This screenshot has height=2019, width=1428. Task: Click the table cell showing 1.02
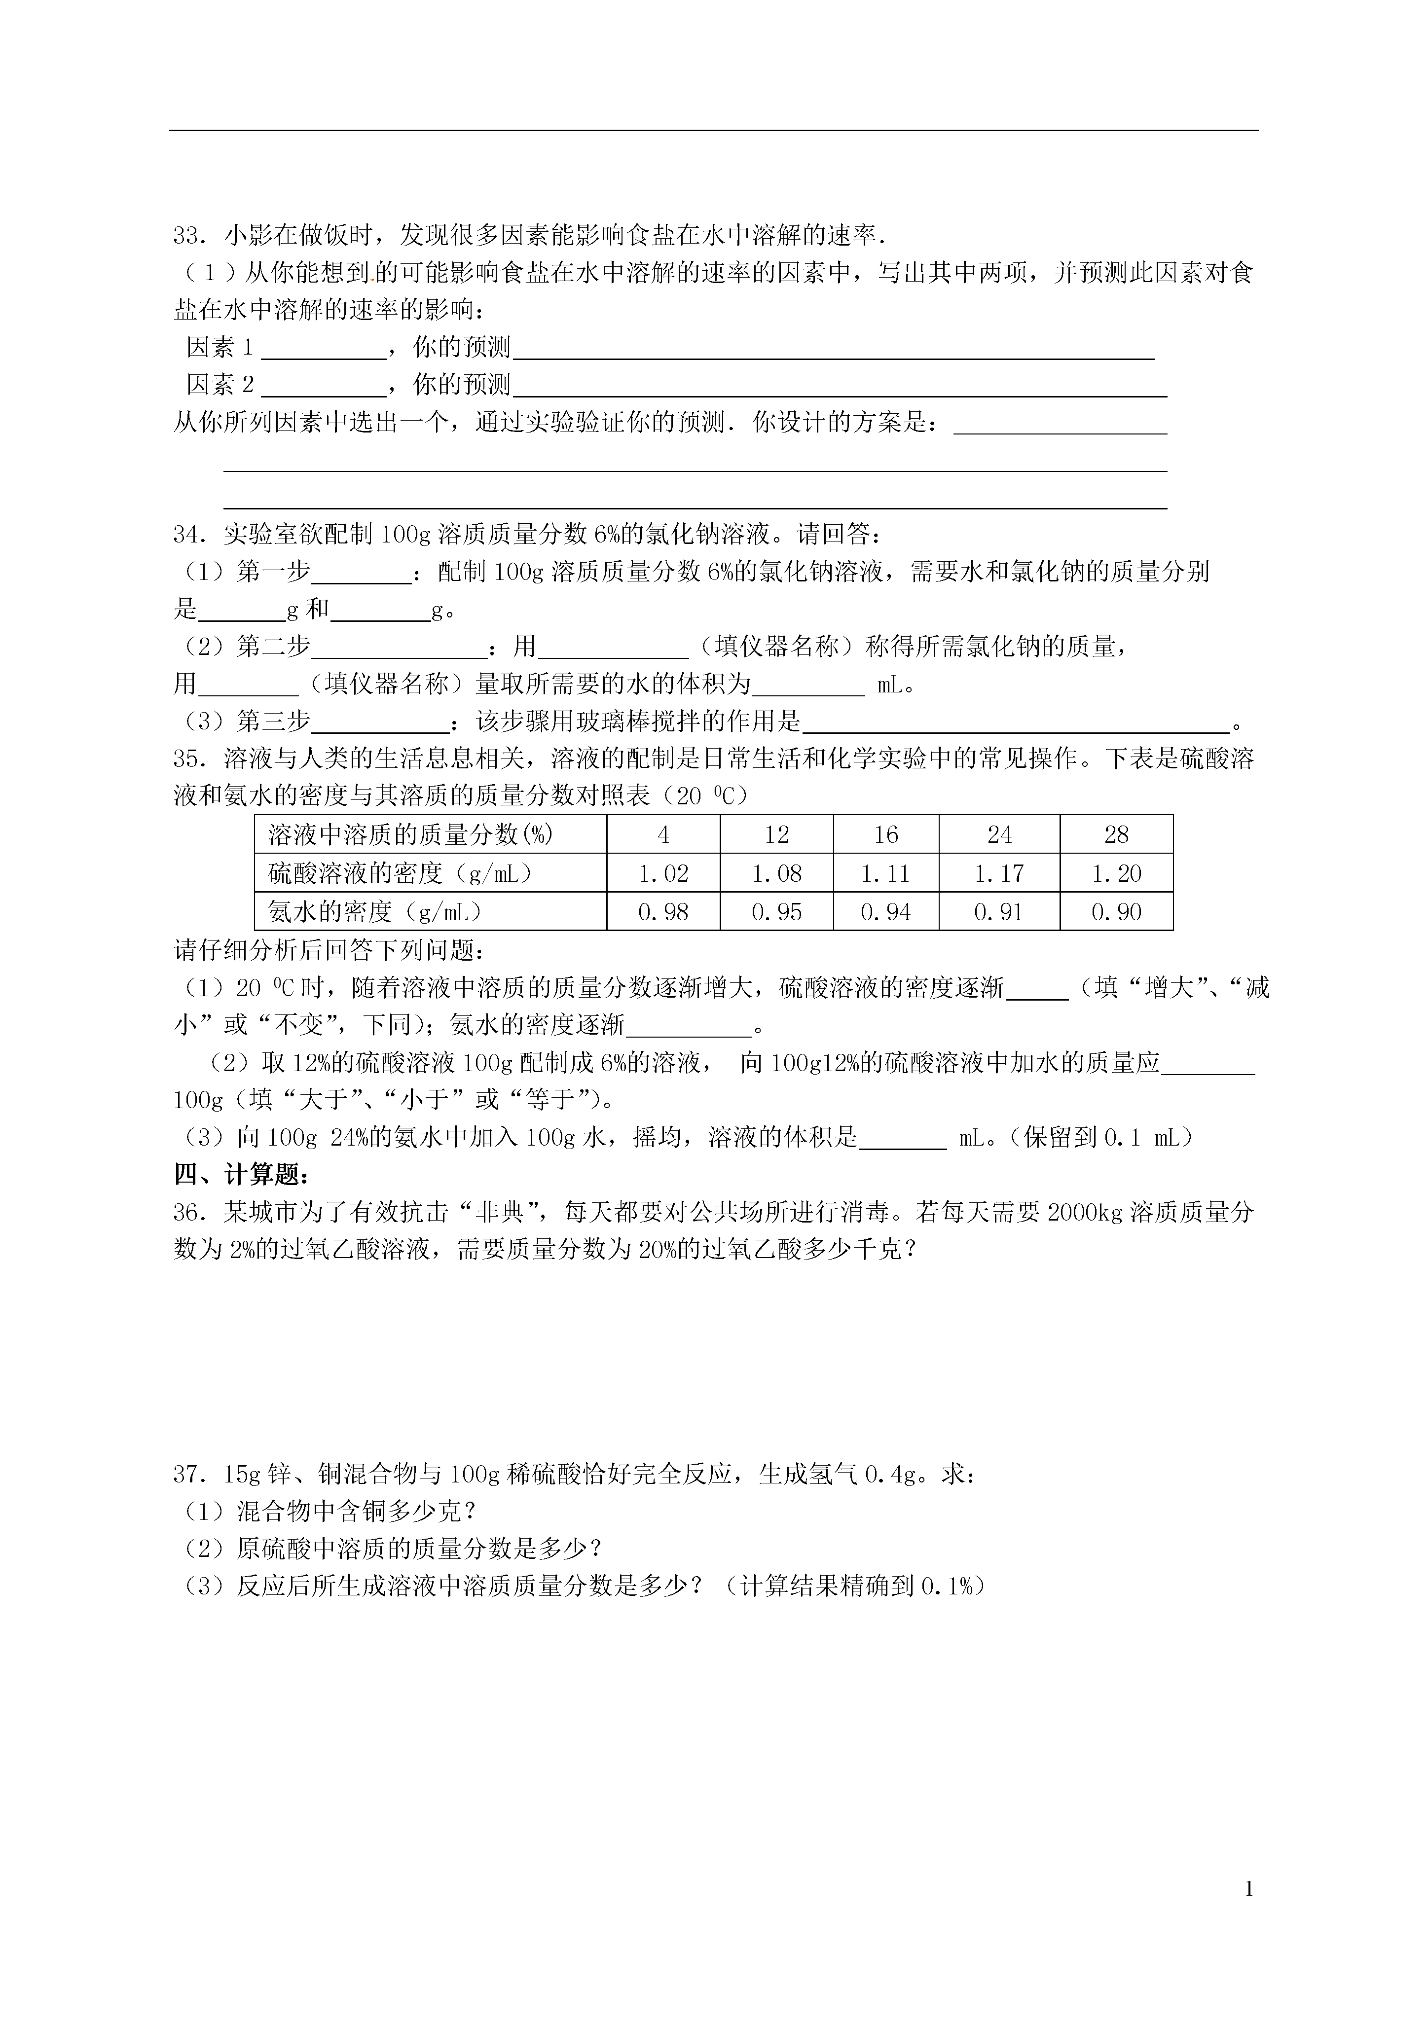663,873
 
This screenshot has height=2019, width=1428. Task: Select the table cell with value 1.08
776,873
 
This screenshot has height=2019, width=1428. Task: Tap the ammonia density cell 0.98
663,912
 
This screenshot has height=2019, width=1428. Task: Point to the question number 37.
188,1475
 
